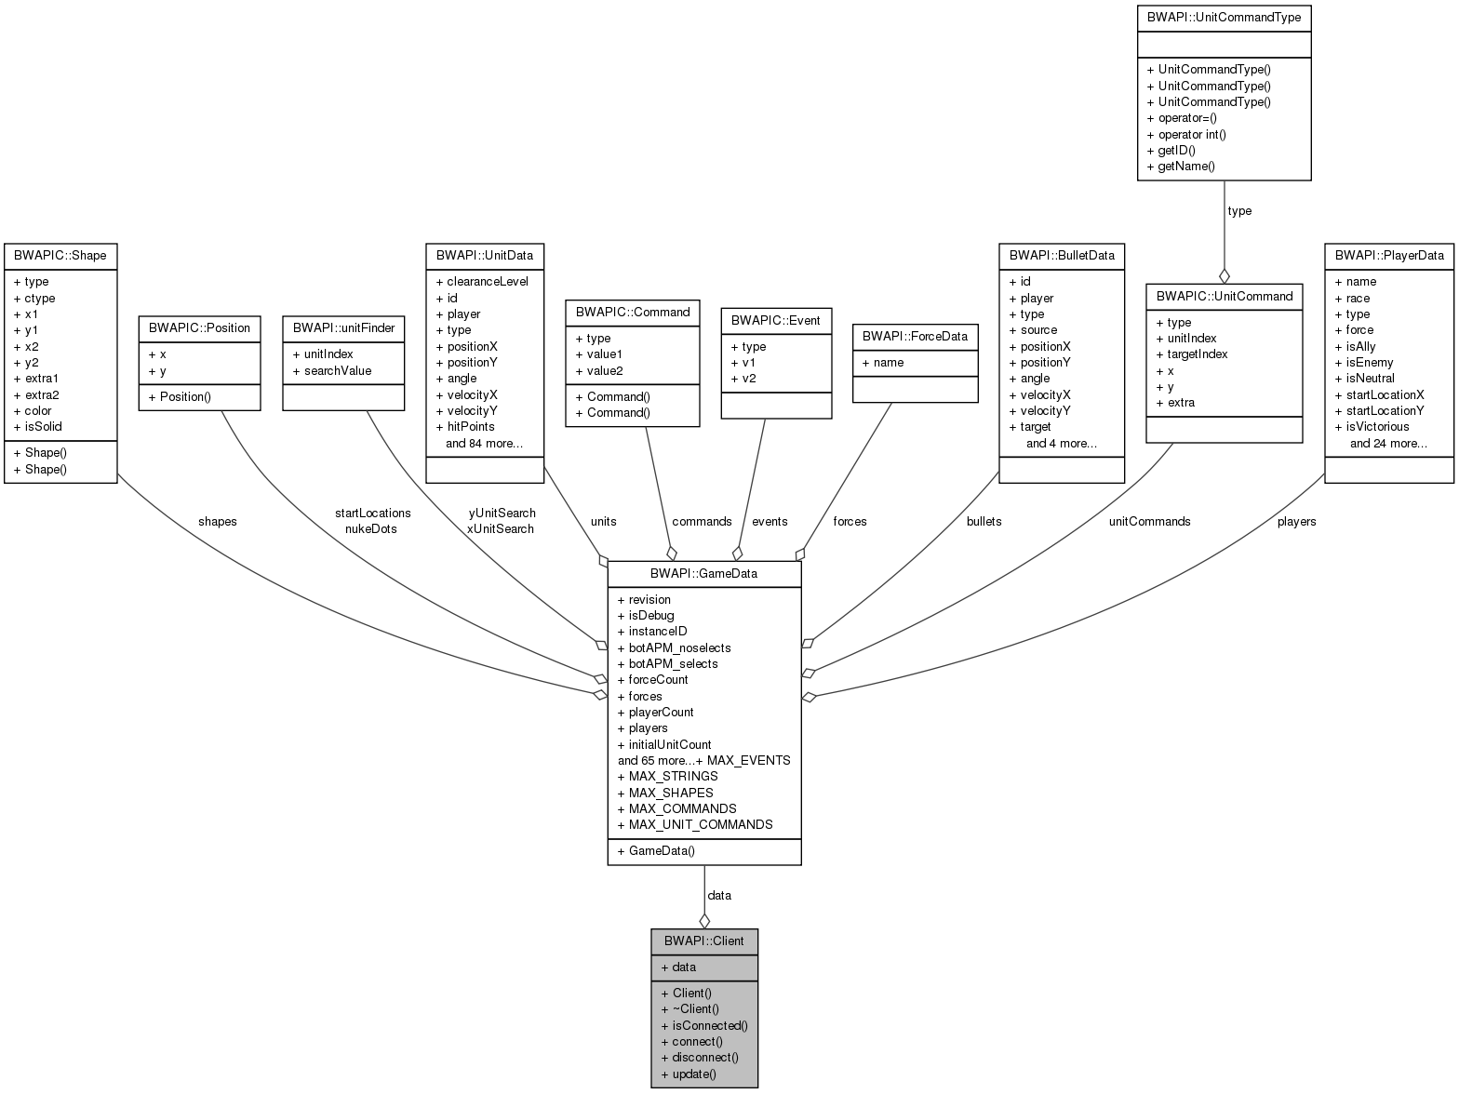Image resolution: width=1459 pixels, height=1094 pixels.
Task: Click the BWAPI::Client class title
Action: pos(703,941)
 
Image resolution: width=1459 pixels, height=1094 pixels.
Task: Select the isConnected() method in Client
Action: pos(704,1025)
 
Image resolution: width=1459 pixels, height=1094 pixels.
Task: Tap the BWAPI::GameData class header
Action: pos(703,573)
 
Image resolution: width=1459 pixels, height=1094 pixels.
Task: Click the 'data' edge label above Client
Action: pos(719,895)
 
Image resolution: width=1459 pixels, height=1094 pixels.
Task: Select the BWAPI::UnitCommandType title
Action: pos(1224,17)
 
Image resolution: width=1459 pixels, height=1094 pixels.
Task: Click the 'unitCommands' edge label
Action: pos(1149,521)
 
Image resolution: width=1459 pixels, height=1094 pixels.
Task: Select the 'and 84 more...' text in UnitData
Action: pos(484,443)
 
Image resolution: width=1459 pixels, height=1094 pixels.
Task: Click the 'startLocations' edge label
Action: pos(372,513)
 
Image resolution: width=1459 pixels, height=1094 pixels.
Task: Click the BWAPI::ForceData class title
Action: pos(915,336)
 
